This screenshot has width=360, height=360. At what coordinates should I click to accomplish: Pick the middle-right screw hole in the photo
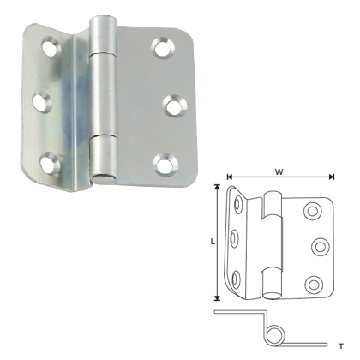tap(171, 106)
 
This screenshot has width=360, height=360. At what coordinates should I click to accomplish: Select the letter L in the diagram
tap(211, 243)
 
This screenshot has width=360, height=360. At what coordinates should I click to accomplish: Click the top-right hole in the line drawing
tap(313, 210)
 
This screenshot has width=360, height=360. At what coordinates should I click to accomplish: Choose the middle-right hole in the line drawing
tap(320, 247)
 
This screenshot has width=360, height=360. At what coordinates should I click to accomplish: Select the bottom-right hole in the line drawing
tap(313, 283)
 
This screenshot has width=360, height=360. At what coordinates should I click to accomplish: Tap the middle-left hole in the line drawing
tap(233, 241)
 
